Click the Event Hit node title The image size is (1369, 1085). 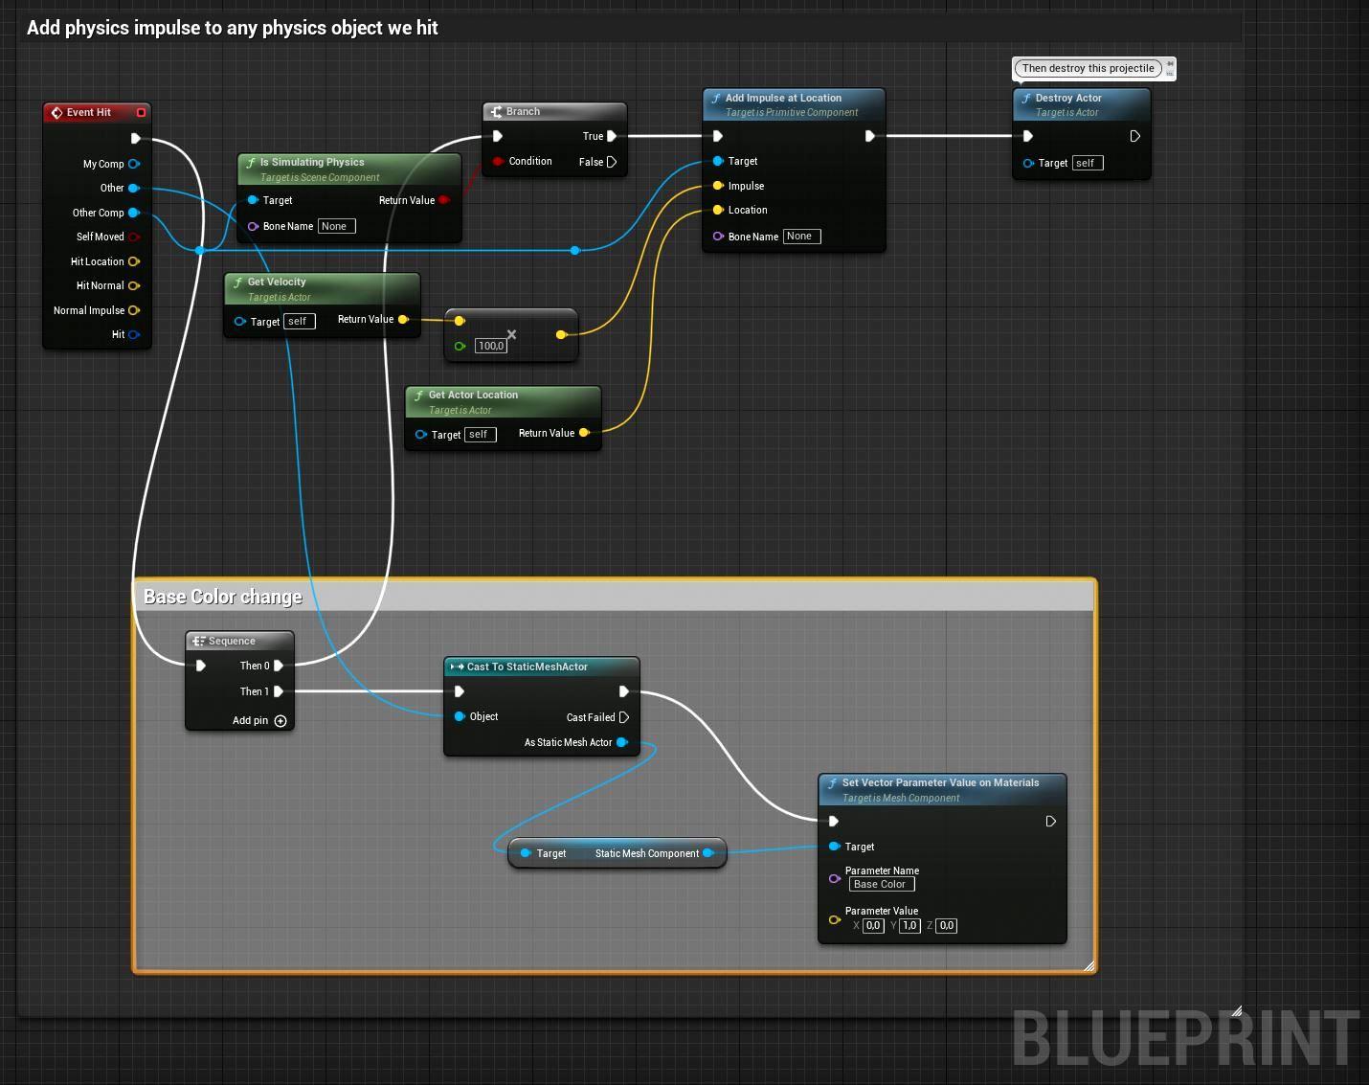click(88, 113)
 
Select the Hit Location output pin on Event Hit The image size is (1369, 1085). click(134, 261)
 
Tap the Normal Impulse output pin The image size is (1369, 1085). click(134, 310)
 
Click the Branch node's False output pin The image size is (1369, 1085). click(612, 162)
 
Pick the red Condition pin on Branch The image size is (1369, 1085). click(498, 161)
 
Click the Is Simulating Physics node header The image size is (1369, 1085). click(349, 170)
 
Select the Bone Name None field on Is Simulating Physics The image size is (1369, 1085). click(337, 227)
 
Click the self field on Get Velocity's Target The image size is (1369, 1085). click(299, 322)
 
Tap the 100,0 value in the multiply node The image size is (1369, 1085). click(491, 346)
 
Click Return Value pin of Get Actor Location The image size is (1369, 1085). click(584, 433)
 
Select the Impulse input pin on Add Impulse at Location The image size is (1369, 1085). click(718, 186)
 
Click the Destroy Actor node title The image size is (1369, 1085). click(1068, 98)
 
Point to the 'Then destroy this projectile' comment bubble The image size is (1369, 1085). click(1088, 68)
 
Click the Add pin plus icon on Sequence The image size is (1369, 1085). click(281, 721)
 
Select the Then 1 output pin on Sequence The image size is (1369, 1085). click(279, 691)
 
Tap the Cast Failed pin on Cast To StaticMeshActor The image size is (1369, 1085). click(624, 718)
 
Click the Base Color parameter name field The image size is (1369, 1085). click(882, 885)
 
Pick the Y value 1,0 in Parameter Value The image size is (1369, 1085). click(909, 926)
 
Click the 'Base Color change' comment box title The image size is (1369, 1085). click(223, 597)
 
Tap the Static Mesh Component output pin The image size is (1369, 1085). click(708, 853)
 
